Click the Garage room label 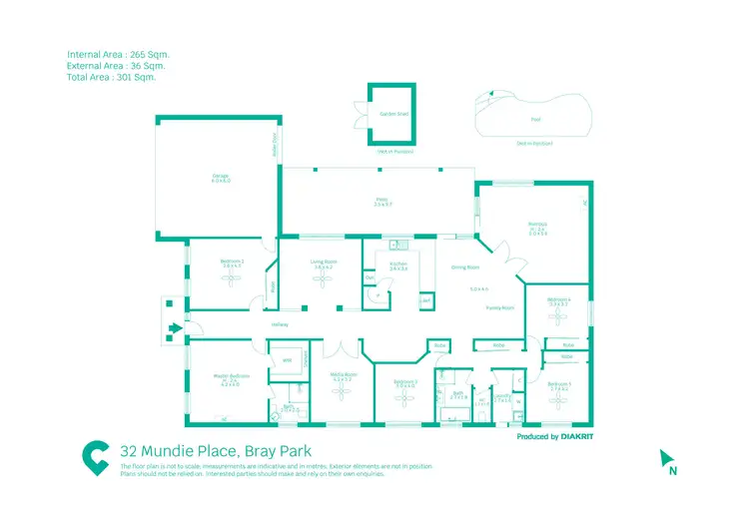220,180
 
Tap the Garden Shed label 388,113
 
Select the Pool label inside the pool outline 535,118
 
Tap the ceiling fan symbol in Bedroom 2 232,281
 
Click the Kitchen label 398,264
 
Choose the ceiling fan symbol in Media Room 343,394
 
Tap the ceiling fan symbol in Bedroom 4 557,316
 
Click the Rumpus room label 537,226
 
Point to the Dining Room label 465,267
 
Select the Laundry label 502,397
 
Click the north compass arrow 666,458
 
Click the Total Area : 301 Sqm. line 111,76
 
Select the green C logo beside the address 96,456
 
